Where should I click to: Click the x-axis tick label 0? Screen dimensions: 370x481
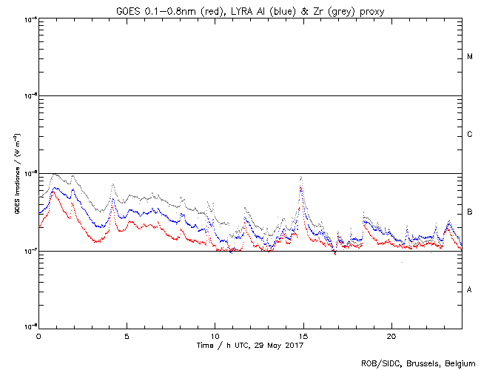coord(38,335)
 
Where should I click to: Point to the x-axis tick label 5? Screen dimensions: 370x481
coord(127,335)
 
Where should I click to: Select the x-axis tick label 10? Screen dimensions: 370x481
coord(215,335)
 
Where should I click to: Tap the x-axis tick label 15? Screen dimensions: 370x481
coord(303,335)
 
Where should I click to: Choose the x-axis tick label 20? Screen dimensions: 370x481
coord(391,335)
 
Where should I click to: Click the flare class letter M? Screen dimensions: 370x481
coord(470,57)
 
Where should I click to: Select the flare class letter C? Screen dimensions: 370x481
coord(470,135)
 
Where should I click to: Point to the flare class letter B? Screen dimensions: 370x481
coord(470,212)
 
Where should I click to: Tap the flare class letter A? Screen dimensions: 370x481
coord(470,289)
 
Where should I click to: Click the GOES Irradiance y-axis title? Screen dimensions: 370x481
coord(16,174)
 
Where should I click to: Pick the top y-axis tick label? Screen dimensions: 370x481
coord(29,18)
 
